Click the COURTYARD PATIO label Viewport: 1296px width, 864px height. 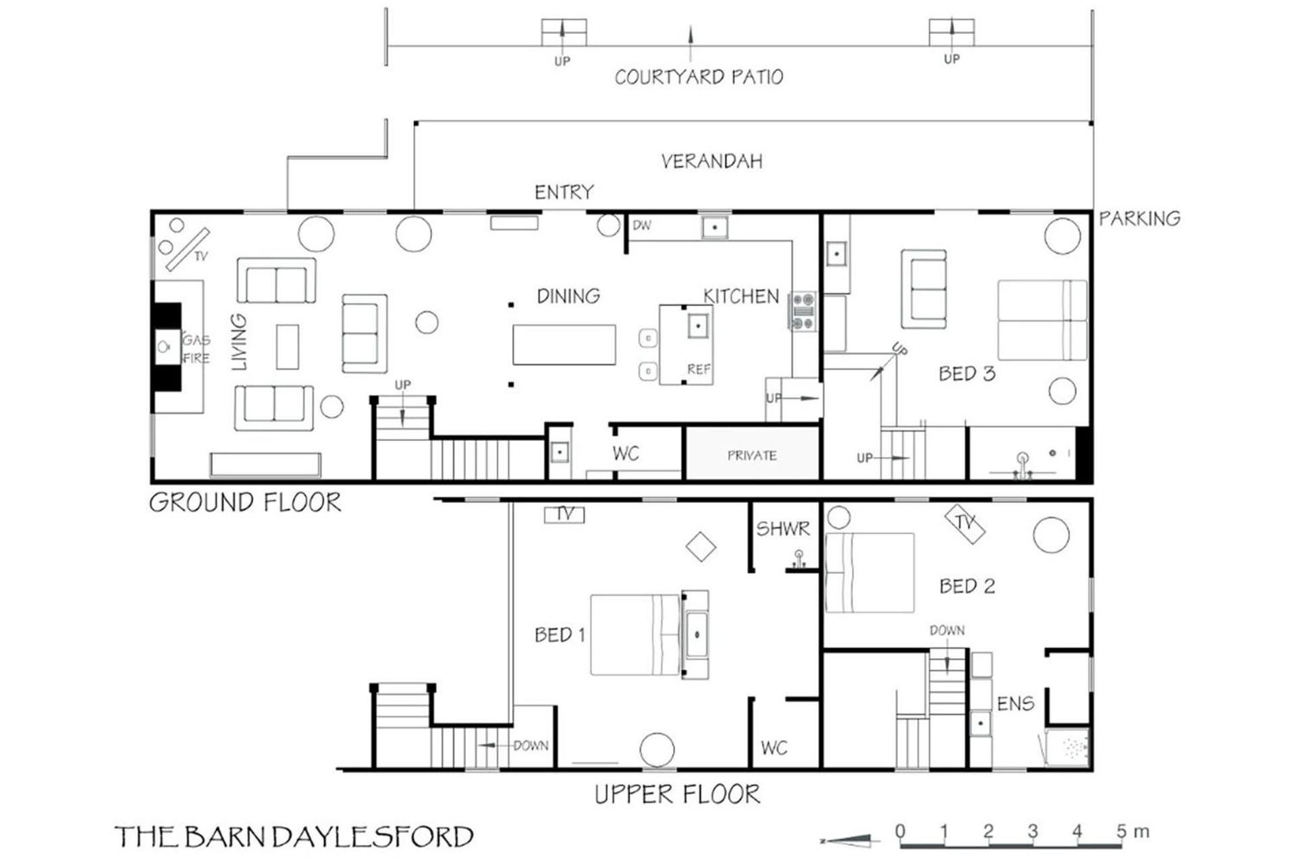click(699, 77)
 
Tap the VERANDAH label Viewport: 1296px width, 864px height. click(711, 161)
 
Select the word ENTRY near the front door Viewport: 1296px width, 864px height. click(564, 192)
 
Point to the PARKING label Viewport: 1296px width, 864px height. click(1139, 219)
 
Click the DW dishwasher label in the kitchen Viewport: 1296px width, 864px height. click(642, 225)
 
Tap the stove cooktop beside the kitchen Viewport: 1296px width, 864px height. click(803, 311)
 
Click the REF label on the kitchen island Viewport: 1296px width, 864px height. click(699, 369)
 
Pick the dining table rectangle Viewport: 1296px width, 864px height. click(564, 345)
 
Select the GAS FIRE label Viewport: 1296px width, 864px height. click(196, 349)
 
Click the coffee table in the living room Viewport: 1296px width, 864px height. click(288, 347)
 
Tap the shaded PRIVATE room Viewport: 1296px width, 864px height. click(752, 454)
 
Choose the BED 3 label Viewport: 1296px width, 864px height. click(967, 374)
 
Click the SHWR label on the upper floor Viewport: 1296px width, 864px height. click(782, 529)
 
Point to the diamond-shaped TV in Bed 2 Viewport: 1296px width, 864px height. click(965, 524)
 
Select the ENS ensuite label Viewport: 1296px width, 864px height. click(1015, 704)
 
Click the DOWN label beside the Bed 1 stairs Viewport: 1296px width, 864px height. click(531, 746)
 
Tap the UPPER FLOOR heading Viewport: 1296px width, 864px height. click(677, 794)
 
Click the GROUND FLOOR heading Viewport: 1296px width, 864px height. click(245, 503)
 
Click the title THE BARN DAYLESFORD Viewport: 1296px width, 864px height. click(294, 837)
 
